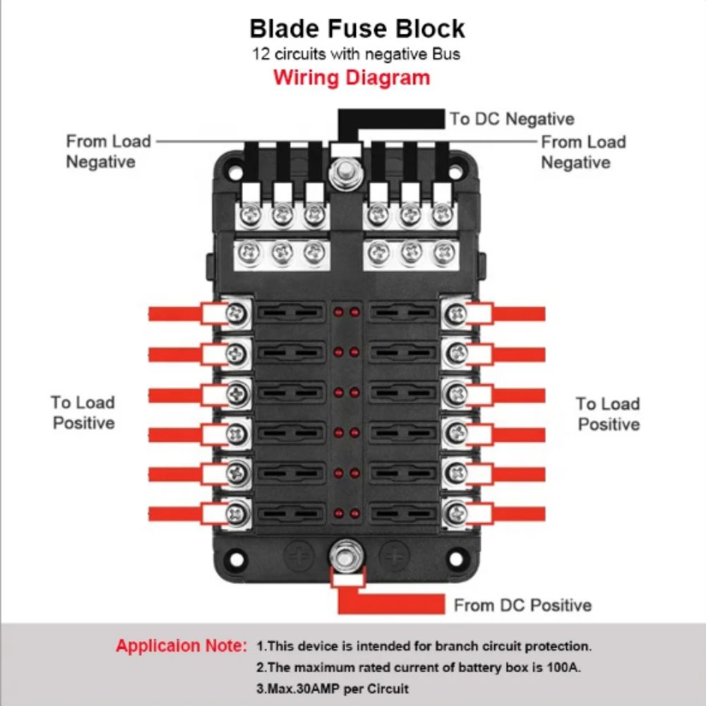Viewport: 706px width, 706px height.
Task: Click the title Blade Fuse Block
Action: coord(357,28)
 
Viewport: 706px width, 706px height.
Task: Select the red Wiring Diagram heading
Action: coord(352,77)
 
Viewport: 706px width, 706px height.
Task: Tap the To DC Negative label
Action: coord(512,119)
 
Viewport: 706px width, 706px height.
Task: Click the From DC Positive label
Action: coord(522,605)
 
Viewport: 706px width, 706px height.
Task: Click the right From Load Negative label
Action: coord(583,152)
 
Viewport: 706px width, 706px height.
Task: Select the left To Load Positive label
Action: coord(83,412)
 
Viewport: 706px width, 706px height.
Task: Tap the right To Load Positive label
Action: coord(608,414)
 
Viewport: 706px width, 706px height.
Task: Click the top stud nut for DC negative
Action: coord(345,171)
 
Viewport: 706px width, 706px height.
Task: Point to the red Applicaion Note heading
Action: coord(181,645)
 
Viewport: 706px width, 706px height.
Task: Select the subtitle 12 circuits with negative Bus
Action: coord(357,54)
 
